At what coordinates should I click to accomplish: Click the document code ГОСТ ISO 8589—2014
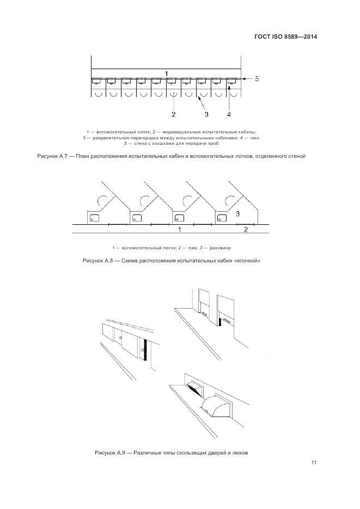pyautogui.click(x=285, y=37)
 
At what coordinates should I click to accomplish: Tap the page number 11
pyautogui.click(x=314, y=463)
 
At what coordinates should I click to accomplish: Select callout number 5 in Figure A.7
pyautogui.click(x=257, y=79)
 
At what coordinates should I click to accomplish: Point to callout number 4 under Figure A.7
pyautogui.click(x=229, y=114)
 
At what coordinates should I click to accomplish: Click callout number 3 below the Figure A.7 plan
pyautogui.click(x=206, y=114)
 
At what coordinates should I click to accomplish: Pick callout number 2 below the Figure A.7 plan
pyautogui.click(x=173, y=114)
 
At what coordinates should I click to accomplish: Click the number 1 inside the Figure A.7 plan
pyautogui.click(x=167, y=73)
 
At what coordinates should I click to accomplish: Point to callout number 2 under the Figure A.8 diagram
pyautogui.click(x=246, y=230)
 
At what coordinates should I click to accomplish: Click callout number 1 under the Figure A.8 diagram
pyautogui.click(x=180, y=230)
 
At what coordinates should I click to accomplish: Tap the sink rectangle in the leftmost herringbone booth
pyautogui.click(x=94, y=218)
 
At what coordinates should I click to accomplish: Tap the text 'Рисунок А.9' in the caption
pyautogui.click(x=111, y=452)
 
